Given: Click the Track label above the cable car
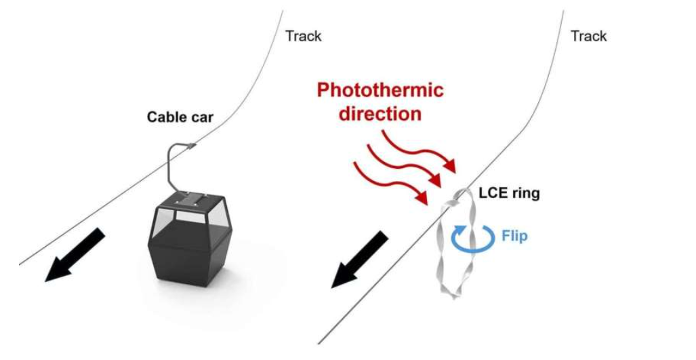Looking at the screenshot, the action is point(303,36).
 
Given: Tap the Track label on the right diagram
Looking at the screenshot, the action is point(588,36).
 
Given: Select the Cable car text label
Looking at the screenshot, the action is point(180,117).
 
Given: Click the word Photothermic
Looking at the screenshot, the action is point(380,90).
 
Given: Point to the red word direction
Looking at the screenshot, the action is point(380,114).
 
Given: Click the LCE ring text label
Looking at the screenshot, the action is point(509,193).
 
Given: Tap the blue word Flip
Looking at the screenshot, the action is point(515,236).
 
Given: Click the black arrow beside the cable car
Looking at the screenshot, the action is point(75,255).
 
